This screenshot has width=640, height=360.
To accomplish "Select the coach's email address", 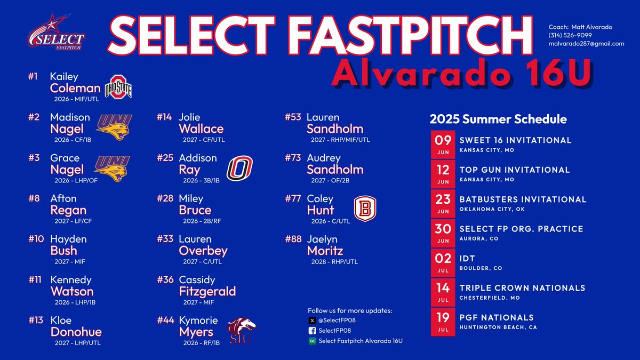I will (x=586, y=44).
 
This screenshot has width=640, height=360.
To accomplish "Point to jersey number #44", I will (x=165, y=320).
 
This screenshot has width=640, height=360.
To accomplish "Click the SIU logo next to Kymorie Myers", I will (x=241, y=331).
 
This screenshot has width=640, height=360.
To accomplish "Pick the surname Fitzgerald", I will (x=207, y=292).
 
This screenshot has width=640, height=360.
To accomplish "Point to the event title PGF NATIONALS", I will (x=496, y=317).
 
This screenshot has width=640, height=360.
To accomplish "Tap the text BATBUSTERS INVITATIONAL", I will (x=523, y=199).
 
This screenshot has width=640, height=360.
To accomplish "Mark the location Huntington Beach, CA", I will (x=498, y=327).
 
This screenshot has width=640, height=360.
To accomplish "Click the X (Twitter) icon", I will (x=312, y=321).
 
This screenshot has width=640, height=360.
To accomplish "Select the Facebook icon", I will (x=312, y=331).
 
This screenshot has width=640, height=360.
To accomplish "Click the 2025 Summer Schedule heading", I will (x=498, y=119).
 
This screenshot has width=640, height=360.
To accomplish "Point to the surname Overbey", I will (x=203, y=251).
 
